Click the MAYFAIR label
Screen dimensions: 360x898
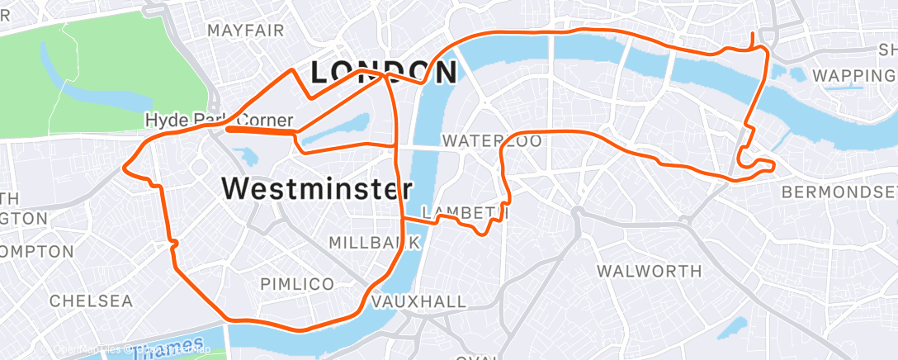coord(246,31)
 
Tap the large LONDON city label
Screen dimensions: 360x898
coord(383,73)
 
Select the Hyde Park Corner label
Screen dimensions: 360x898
coord(219,120)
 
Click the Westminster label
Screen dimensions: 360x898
coord(317,189)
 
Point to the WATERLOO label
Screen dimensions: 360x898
coord(492,142)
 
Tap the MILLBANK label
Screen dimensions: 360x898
coord(375,243)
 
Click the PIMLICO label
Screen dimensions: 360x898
coord(297,284)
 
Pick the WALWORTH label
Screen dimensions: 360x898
coord(649,271)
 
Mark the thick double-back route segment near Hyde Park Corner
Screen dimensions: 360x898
coord(260,130)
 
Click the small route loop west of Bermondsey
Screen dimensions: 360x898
coord(755,163)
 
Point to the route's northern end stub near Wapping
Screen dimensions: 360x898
coord(752,40)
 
